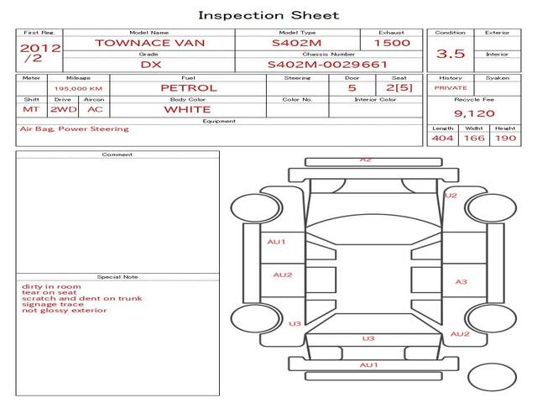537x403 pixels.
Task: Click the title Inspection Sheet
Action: point(268,15)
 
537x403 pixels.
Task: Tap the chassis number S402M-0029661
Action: point(327,64)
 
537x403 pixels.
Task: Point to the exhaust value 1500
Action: point(392,43)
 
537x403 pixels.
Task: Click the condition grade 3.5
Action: point(451,53)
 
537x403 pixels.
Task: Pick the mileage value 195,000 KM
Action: point(78,87)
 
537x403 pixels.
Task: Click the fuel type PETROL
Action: point(188,87)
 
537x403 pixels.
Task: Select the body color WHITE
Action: point(187,109)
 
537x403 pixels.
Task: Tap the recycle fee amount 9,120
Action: point(474,113)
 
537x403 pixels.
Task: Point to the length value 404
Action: point(442,138)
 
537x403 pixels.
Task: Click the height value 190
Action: point(505,138)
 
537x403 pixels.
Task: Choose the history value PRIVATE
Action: point(451,87)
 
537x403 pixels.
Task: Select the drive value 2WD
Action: point(61,109)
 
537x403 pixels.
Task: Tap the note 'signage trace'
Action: point(52,304)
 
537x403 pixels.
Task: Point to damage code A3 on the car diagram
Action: point(461,281)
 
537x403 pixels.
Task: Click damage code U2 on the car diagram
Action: point(451,195)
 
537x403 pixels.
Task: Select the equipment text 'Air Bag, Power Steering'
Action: point(74,129)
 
